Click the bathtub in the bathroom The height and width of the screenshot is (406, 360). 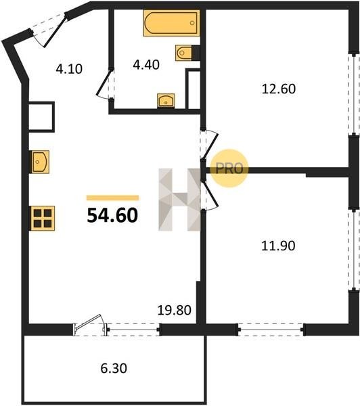tap(171, 23)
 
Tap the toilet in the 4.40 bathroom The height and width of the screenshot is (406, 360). tap(183, 53)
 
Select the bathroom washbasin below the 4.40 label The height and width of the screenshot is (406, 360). tap(166, 101)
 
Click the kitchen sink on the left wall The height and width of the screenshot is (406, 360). tap(40, 162)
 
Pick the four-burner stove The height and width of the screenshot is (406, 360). tap(43, 218)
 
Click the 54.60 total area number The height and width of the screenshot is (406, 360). tap(112, 215)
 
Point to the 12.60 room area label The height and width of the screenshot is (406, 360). tap(279, 89)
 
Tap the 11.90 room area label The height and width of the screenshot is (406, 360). tap(278, 246)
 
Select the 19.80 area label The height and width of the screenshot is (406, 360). tap(175, 310)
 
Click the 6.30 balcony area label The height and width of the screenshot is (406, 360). tap(114, 368)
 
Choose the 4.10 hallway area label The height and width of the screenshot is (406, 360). tap(69, 69)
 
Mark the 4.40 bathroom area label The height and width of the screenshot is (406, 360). tap(146, 65)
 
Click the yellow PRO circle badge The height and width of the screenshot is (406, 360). tap(229, 168)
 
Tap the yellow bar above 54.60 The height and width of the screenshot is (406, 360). tap(112, 198)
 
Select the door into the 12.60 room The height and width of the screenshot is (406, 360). tap(209, 143)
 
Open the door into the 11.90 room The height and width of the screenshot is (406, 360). tap(209, 195)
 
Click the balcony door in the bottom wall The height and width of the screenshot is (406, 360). tap(90, 325)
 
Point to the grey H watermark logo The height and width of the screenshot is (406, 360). tap(179, 200)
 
